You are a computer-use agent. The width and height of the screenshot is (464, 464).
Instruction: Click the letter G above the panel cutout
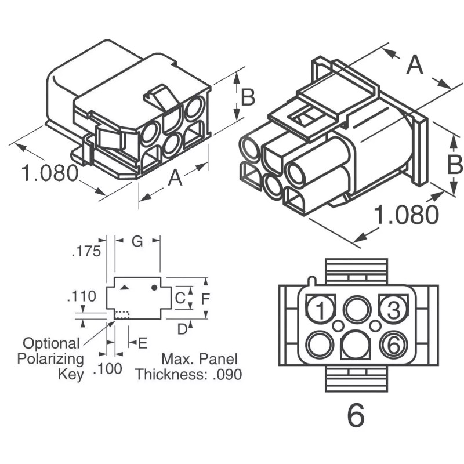(137, 242)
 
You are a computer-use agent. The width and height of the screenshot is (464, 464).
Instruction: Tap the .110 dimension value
(82, 298)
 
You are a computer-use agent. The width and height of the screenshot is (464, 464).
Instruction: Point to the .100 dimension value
(108, 369)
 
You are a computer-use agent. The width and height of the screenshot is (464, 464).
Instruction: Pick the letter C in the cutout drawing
(180, 299)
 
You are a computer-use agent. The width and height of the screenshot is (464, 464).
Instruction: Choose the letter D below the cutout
(182, 329)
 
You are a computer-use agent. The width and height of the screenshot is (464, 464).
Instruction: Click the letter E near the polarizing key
(143, 343)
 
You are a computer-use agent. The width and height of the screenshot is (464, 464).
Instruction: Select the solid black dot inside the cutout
(154, 287)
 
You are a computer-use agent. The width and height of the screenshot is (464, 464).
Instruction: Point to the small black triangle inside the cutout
(125, 287)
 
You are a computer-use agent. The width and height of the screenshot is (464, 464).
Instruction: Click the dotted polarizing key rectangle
(122, 314)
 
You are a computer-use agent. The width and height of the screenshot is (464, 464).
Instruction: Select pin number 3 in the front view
(393, 310)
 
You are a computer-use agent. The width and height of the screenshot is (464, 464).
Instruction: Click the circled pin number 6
(393, 346)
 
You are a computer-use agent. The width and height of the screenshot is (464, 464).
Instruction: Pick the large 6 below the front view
(356, 415)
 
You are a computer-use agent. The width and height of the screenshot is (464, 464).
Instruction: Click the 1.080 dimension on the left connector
(50, 173)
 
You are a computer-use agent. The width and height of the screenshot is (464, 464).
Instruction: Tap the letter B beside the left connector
(248, 97)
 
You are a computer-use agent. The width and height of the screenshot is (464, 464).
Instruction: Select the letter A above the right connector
(414, 64)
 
